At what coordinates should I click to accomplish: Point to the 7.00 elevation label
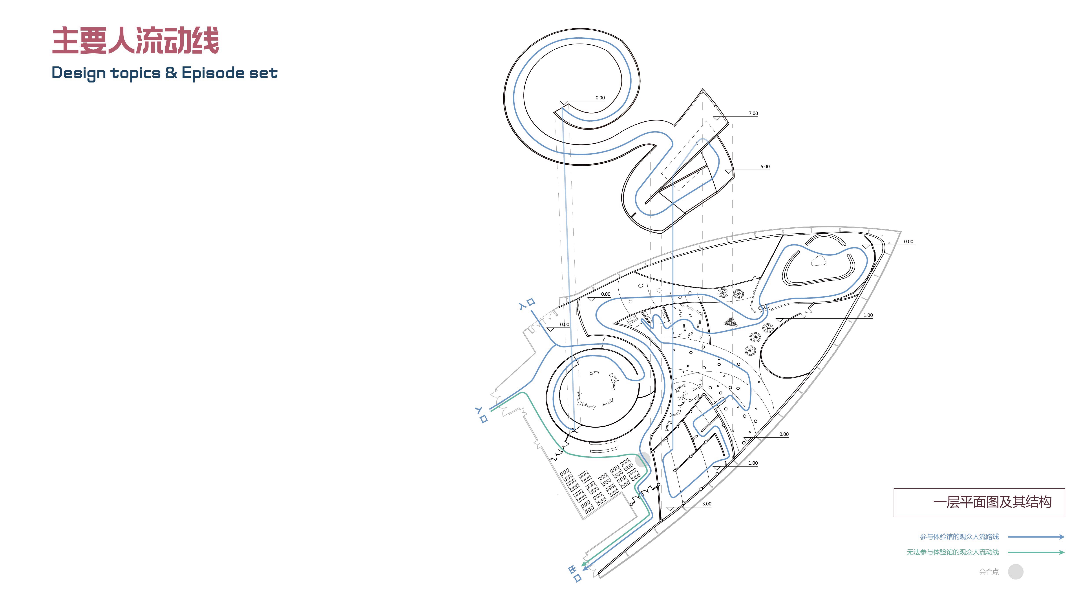point(753,113)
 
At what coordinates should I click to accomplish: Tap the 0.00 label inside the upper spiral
point(600,98)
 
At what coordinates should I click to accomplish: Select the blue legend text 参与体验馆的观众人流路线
point(959,537)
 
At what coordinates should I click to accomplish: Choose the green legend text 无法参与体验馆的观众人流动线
point(952,552)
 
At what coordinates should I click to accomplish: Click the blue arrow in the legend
point(1036,537)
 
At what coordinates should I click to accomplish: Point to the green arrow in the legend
point(1036,552)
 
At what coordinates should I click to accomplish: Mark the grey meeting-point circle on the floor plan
point(643,459)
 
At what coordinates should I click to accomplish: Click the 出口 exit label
point(575,574)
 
